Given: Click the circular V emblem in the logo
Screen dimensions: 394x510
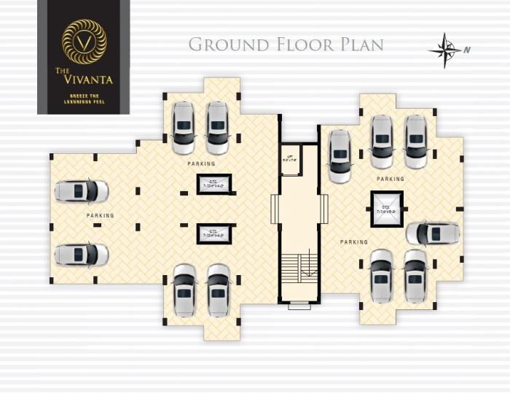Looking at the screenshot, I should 84,42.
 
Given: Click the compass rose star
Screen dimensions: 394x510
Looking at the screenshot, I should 444,50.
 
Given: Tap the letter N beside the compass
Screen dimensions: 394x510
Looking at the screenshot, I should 467,50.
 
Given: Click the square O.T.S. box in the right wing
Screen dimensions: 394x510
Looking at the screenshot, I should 387,209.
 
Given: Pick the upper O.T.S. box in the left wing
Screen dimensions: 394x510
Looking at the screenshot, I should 214,184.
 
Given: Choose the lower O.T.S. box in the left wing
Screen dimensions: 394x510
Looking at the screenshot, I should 214,233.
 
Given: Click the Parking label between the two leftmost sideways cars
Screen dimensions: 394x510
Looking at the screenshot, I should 101,216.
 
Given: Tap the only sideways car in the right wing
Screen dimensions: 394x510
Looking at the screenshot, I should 433,233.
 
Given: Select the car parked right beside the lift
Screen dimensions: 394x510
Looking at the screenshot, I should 340,155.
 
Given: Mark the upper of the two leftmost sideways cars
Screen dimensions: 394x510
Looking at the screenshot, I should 82,191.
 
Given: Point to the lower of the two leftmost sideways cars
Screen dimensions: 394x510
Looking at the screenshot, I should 82,255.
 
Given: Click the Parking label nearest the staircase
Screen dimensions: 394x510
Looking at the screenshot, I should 354,242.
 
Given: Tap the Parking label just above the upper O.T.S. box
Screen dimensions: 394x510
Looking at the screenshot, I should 201,163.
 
